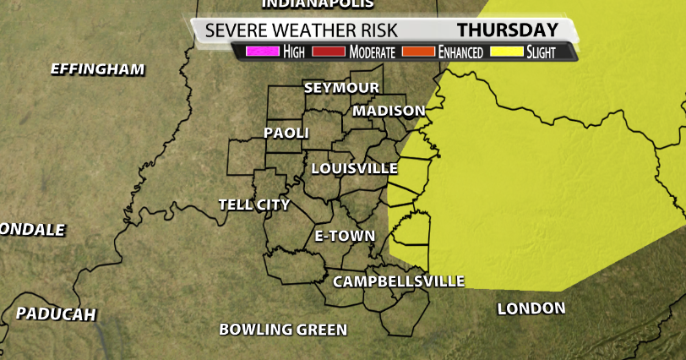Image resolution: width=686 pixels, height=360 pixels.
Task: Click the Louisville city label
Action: tap(354, 168)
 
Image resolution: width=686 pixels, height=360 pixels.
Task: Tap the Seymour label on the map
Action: tap(341, 88)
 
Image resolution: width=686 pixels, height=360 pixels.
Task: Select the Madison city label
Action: tap(389, 111)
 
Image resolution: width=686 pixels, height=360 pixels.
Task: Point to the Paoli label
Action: tap(286, 133)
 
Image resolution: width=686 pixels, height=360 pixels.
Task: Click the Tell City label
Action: tap(253, 205)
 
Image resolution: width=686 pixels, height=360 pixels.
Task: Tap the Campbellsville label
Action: tap(399, 281)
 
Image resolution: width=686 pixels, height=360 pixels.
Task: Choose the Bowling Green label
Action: tap(283, 329)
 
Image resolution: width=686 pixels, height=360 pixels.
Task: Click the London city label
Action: tap(531, 308)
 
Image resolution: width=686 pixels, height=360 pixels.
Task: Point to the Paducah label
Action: tap(56, 314)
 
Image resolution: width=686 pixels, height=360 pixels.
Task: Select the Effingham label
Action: tap(98, 69)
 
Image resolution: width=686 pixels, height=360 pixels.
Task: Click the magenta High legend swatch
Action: tap(262, 52)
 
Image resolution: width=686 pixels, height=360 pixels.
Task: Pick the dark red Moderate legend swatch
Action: tap(329, 52)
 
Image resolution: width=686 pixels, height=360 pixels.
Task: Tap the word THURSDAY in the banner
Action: tap(507, 30)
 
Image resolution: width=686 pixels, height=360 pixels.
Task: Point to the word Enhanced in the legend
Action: tap(460, 52)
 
